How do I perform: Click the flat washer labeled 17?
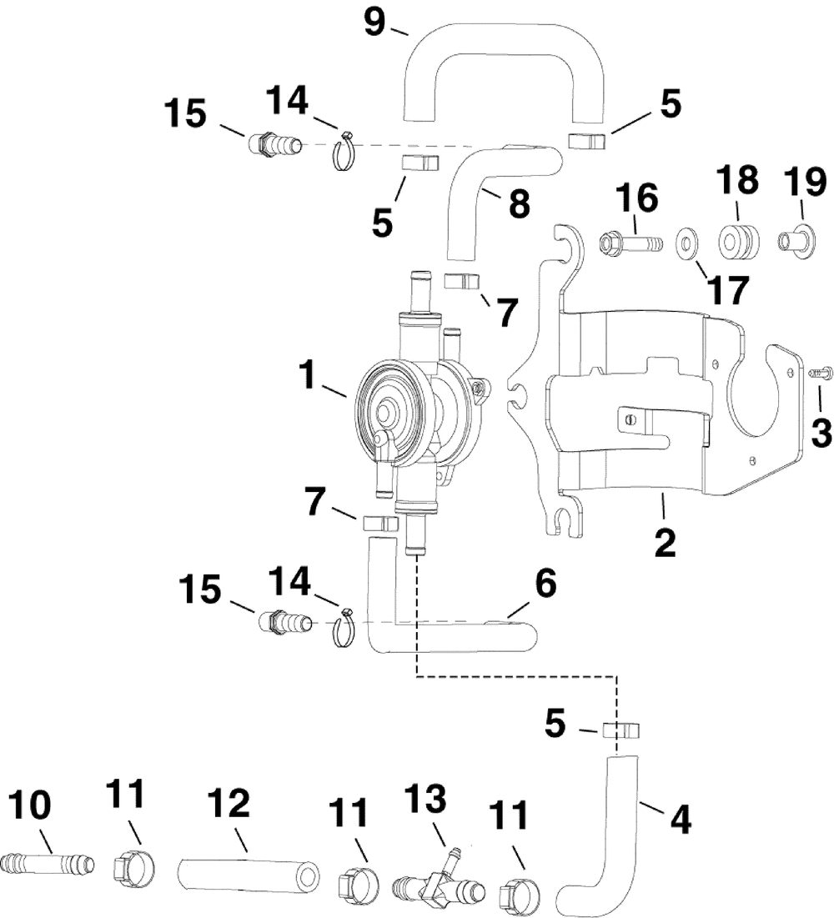pos(688,241)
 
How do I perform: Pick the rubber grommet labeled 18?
pos(740,241)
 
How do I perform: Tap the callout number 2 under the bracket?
pos(665,544)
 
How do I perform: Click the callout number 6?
pos(545,584)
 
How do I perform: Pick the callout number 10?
pos(30,805)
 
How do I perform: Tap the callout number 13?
pos(425,800)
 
